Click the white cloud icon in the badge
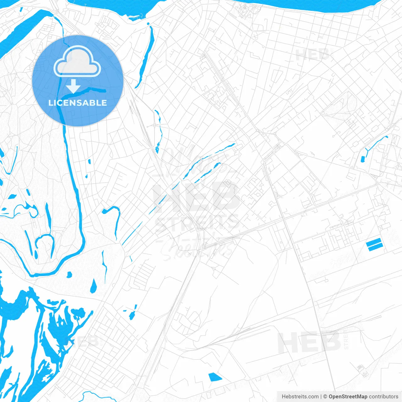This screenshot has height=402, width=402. tap(77, 62)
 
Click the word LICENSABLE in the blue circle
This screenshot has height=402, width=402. tap(78, 103)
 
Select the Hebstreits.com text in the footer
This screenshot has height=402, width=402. tap(300, 397)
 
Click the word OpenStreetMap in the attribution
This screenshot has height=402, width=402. tap(348, 397)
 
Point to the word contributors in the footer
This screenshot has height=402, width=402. tap(383, 397)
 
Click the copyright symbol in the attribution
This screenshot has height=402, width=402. tap(325, 397)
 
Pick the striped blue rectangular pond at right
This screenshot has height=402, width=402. tap(374, 245)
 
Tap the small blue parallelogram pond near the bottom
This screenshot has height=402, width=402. tap(215, 377)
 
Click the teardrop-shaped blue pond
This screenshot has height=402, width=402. tap(93, 286)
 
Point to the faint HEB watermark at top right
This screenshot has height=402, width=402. tap(312, 55)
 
